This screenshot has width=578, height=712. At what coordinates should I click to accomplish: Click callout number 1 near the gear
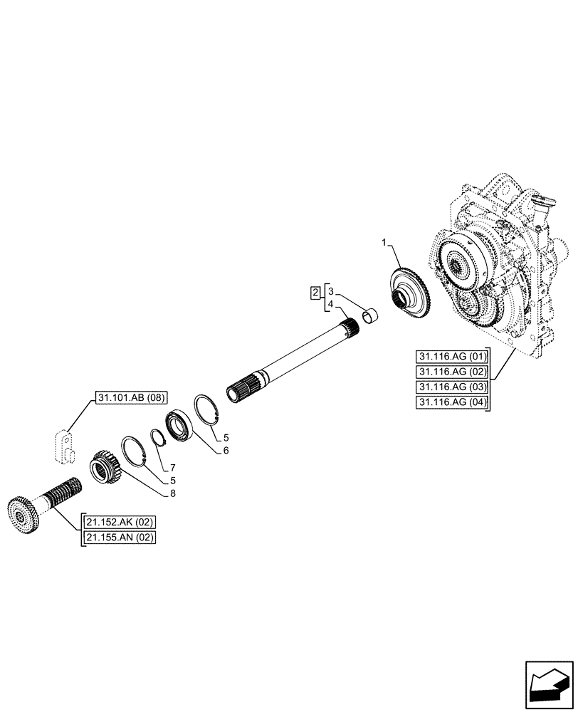[385, 244]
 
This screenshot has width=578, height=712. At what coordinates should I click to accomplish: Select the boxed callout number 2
[314, 291]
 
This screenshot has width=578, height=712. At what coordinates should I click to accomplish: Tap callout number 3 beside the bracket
[331, 292]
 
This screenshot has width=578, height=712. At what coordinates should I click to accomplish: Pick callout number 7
[172, 468]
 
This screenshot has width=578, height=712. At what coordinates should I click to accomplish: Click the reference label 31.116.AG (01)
[451, 357]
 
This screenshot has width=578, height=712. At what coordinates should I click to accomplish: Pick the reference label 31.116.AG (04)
[451, 404]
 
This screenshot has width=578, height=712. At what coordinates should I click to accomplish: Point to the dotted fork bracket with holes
[64, 443]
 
